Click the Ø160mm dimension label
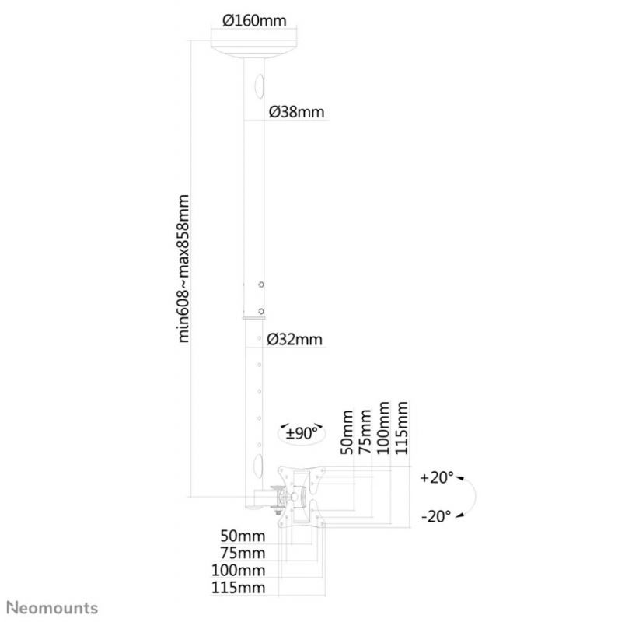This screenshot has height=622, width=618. click(x=254, y=20)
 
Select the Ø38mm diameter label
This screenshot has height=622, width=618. click(x=296, y=112)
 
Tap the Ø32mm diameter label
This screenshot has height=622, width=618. click(x=295, y=339)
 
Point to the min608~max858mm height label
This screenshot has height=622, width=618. click(x=183, y=268)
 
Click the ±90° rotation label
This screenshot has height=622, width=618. click(x=302, y=433)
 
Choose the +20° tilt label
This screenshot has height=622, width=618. click(x=437, y=477)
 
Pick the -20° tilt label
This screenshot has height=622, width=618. click(x=436, y=516)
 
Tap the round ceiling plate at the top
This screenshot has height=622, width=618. click(x=254, y=49)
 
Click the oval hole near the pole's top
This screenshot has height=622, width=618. click(x=259, y=86)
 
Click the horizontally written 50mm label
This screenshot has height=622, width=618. click(x=243, y=536)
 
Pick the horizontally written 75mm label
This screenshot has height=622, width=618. click(x=243, y=553)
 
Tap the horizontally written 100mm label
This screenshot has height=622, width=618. click(x=238, y=571)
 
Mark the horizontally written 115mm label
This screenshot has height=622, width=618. click(x=238, y=588)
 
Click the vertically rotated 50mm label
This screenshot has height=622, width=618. click(x=347, y=432)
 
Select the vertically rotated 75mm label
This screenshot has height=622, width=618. click(x=365, y=432)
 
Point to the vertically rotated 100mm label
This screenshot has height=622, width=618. click(x=383, y=428)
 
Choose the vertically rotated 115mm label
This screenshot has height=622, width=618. click(x=401, y=428)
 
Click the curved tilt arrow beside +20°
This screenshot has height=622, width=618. click(x=476, y=497)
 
